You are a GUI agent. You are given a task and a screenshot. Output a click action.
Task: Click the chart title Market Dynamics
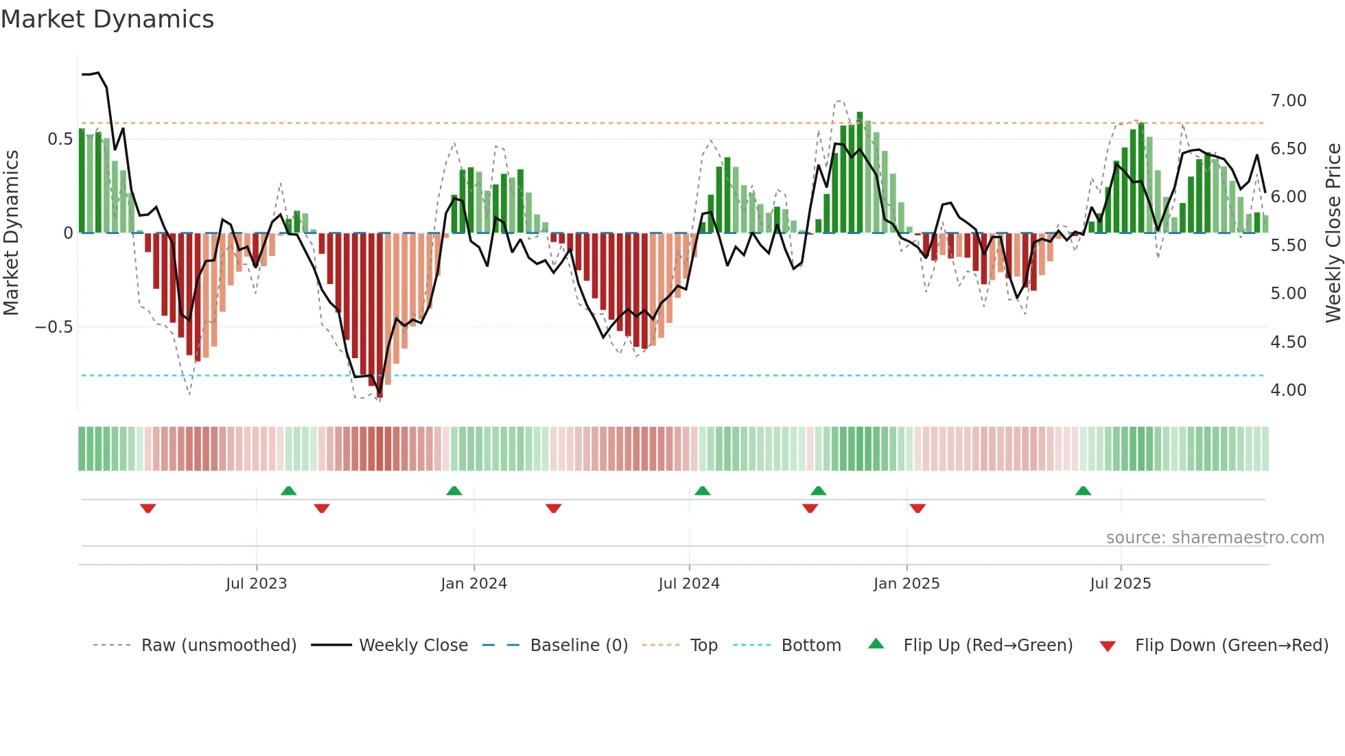click(x=108, y=19)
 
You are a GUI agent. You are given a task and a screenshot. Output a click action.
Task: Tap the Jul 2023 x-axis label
click(x=256, y=584)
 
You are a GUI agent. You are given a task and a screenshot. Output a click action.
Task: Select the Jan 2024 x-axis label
click(x=473, y=584)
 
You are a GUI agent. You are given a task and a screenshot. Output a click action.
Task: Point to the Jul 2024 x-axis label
click(x=689, y=584)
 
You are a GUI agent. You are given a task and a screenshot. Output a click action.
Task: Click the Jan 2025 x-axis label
click(x=907, y=584)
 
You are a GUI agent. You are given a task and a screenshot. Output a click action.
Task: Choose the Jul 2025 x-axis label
click(x=1121, y=584)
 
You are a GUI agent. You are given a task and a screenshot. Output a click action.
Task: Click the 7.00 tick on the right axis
click(x=1288, y=101)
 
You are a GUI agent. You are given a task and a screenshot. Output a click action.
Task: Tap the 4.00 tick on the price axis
click(x=1288, y=390)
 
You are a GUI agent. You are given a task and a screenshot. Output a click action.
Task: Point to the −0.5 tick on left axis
click(x=54, y=327)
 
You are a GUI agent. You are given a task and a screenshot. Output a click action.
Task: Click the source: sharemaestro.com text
click(x=1215, y=538)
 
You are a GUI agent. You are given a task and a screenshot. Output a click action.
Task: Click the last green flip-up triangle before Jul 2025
click(x=1083, y=491)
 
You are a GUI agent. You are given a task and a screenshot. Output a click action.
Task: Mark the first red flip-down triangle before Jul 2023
click(x=148, y=508)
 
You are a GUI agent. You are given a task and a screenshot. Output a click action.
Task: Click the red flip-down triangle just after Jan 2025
click(x=917, y=508)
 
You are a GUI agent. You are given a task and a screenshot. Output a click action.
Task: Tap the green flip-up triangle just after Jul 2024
click(x=702, y=491)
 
